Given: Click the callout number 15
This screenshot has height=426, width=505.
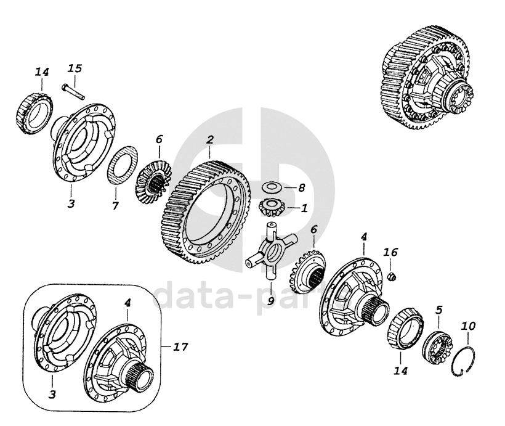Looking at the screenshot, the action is click(74, 67).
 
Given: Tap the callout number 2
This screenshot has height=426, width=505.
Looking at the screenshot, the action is click(210, 140).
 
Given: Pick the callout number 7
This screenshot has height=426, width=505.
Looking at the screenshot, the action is click(115, 205).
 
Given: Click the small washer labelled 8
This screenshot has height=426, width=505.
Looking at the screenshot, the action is click(269, 187).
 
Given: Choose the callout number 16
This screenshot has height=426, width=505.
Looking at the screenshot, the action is click(390, 252).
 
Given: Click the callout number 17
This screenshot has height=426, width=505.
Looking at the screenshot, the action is click(180, 346).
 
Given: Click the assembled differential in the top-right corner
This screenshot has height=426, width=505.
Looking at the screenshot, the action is click(429, 80).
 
